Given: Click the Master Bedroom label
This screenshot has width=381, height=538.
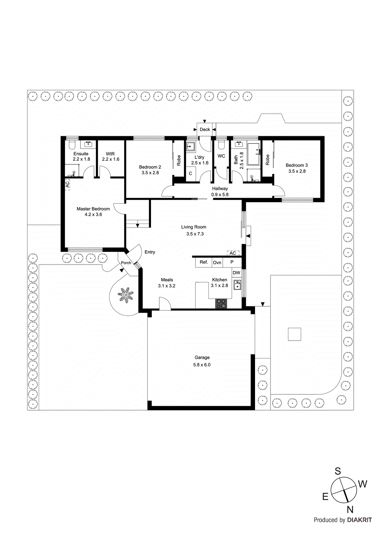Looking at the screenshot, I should pos(93,209).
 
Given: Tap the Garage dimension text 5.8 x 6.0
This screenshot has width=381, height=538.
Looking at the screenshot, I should pos(202,365).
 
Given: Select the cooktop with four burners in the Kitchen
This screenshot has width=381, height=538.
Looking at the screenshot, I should pos(221,304).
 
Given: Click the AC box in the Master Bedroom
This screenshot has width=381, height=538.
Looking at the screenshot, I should pos(67,184).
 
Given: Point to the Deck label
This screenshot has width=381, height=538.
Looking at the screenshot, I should pos(205,129).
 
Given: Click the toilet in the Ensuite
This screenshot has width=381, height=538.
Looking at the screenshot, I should pos(71,145).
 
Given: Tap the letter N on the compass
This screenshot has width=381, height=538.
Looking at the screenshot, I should pos(350,509).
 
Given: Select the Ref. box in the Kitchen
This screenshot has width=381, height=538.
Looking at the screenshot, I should pos(204,262).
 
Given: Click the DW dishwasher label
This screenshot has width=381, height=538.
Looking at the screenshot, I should pos(236,273).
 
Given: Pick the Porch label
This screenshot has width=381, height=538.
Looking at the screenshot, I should pos(126,263).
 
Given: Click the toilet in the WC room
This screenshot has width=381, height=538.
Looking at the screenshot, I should pos(221,145).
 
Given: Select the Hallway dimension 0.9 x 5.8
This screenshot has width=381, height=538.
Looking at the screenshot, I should pos(220,195).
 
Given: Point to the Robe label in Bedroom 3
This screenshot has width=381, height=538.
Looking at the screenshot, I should pos(267,160).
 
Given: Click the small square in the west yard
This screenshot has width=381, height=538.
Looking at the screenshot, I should pos(294,334).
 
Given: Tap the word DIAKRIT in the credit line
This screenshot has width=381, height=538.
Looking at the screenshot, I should pos(359,520).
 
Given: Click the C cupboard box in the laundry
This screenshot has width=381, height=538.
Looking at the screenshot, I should pos(190,174).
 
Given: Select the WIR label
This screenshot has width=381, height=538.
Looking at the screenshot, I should pos(110,154).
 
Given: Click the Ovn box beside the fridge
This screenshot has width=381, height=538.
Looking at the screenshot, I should pos(217,263).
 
